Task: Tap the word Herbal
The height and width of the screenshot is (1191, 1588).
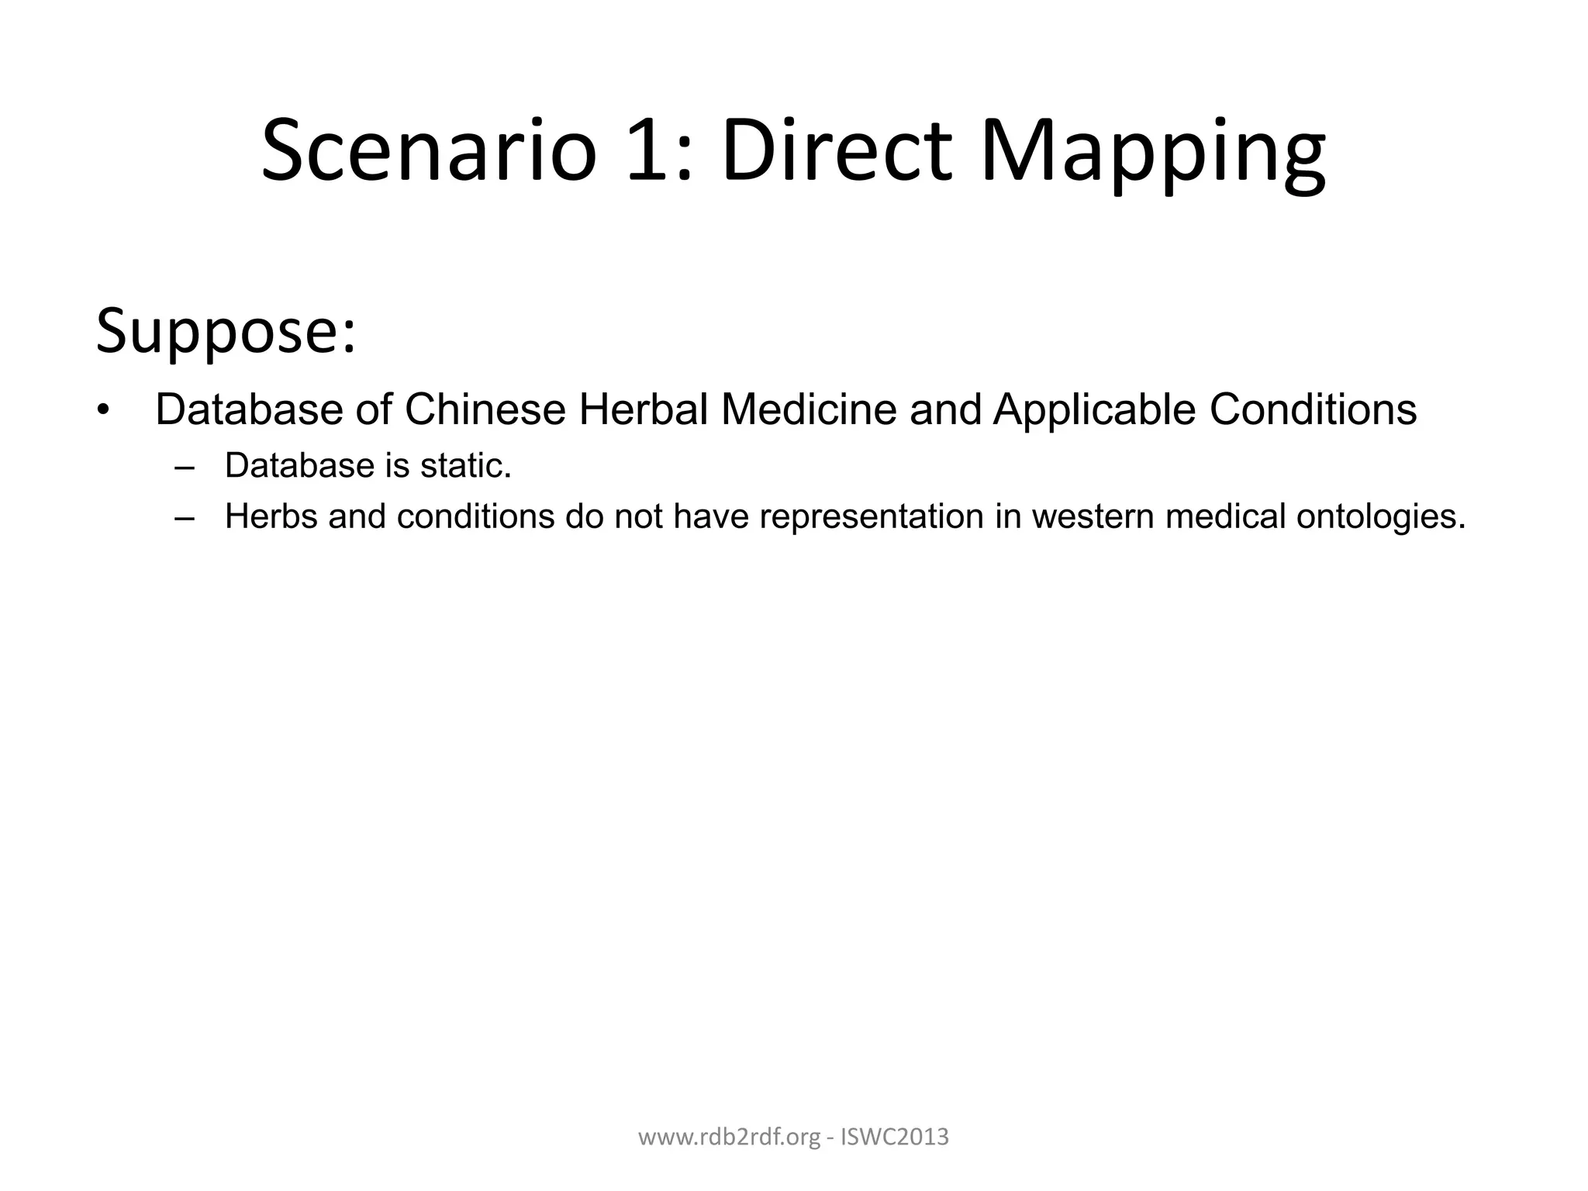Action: (643, 409)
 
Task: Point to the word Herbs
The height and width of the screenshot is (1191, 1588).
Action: (271, 516)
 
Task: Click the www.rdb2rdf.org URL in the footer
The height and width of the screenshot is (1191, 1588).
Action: (728, 1138)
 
